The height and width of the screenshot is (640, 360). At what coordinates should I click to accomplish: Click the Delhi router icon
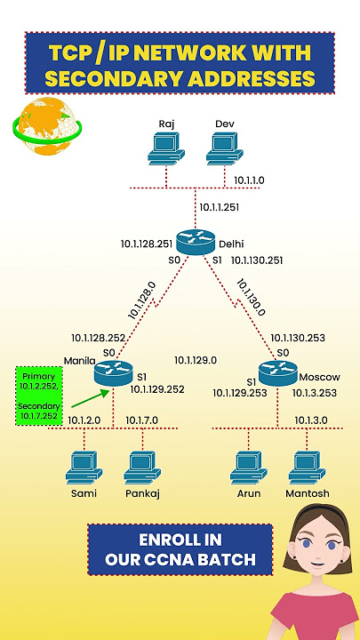coord(196,242)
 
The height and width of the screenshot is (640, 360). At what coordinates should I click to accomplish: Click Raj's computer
coord(166,148)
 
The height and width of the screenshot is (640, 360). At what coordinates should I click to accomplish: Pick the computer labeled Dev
coord(225,148)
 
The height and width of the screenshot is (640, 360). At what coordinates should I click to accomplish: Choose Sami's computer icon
coord(84,468)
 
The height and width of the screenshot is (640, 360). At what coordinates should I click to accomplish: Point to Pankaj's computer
coord(142,468)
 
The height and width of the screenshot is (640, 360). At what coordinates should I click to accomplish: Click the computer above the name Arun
coord(249,468)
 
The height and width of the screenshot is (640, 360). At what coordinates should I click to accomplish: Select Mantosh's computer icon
coord(307,468)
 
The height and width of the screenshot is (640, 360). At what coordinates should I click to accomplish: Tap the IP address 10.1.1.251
coord(220,207)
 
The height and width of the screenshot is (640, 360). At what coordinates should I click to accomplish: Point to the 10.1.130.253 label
coord(298,338)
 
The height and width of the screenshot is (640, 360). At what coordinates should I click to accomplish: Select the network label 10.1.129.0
coord(196,360)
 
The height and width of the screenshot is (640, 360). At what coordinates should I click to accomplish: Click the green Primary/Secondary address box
coord(39,396)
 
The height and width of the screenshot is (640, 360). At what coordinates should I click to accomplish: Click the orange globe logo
coord(46,125)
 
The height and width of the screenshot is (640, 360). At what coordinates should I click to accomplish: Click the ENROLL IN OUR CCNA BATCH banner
coord(180,550)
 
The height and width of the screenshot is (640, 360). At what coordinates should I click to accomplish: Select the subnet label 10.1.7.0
coord(141,420)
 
